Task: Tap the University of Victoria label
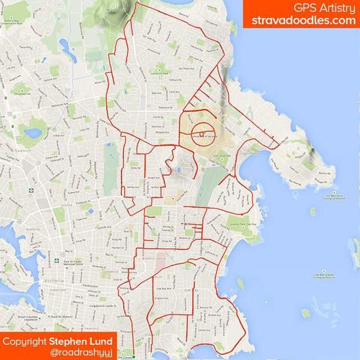pos(202,137)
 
